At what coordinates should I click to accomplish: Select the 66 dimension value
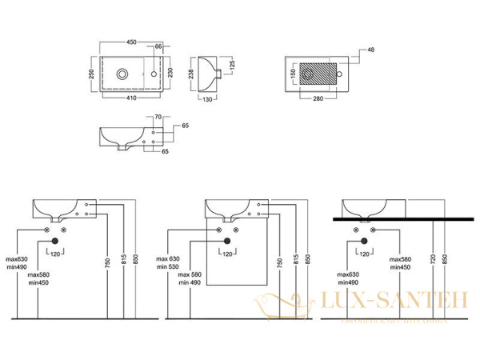pos(158,46)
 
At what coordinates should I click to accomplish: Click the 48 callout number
pos(370,50)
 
